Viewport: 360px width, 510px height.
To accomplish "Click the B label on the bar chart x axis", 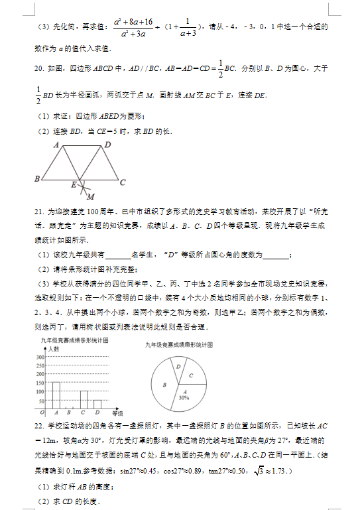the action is (x=70, y=412).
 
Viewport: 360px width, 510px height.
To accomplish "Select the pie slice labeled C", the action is (x=190, y=376).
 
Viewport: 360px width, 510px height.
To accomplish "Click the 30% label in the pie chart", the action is (x=183, y=397).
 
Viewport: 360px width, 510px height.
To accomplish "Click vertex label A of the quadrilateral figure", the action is (x=56, y=144).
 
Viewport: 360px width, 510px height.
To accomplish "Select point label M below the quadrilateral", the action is (x=90, y=196).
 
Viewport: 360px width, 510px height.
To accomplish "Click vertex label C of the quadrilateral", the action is (x=123, y=180).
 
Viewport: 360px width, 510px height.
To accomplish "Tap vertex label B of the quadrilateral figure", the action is (x=36, y=178).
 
